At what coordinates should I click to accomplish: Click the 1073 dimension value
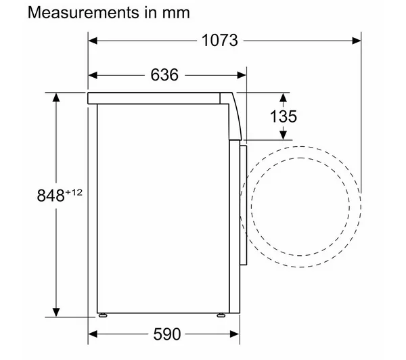219,41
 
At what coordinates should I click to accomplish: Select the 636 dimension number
164,75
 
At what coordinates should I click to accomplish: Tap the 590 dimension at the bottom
167,334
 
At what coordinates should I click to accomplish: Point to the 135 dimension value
284,116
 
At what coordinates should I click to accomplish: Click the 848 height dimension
51,196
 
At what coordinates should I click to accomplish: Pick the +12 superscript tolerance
74,192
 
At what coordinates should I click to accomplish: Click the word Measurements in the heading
83,12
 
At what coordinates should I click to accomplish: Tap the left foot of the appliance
103,315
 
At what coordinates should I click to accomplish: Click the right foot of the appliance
221,315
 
